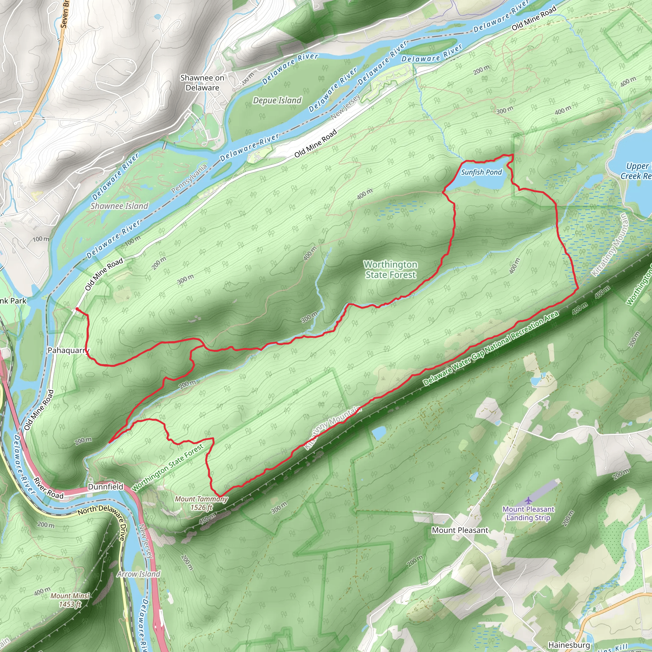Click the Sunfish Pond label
(482, 172)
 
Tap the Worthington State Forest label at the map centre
(390, 270)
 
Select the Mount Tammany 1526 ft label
(202, 503)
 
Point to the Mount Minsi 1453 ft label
(70, 600)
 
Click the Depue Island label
(277, 100)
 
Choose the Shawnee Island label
(119, 206)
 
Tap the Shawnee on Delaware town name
(202, 83)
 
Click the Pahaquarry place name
(68, 350)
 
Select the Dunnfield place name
(106, 487)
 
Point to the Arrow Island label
(139, 574)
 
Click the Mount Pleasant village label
(460, 530)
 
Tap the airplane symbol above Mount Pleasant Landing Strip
(528, 500)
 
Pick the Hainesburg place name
(569, 645)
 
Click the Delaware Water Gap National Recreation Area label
(491, 349)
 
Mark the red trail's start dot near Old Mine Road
(77, 309)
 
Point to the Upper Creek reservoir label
(636, 171)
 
